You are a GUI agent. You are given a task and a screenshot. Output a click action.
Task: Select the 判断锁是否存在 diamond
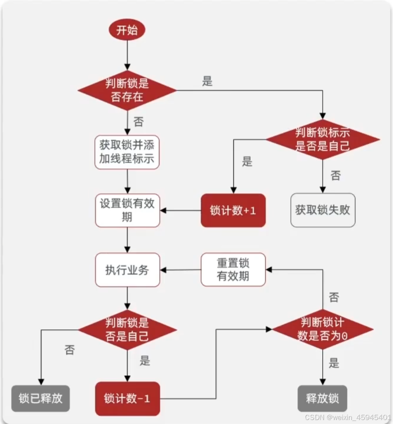(127, 90)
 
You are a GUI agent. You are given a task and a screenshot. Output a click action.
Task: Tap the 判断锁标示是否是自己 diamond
(323, 139)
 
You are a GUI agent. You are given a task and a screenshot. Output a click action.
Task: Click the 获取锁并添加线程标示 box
(127, 152)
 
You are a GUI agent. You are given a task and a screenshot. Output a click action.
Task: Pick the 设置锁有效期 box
(127, 210)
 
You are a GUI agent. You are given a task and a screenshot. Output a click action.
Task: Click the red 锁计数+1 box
(233, 210)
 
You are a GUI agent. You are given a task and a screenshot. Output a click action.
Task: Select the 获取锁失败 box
(323, 210)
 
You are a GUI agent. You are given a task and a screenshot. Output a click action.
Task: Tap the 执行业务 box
(127, 270)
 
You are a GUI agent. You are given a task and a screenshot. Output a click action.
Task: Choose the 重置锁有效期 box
(233, 269)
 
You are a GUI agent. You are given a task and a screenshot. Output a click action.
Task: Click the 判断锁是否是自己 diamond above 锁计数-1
(127, 330)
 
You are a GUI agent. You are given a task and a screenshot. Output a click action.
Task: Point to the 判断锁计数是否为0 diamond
(323, 329)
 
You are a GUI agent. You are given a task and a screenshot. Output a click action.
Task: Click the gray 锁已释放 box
(41, 398)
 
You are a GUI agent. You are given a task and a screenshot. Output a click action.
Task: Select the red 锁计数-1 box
(127, 398)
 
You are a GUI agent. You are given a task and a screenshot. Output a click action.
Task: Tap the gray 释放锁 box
(323, 398)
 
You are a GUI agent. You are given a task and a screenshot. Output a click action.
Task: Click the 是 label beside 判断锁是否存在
(207, 82)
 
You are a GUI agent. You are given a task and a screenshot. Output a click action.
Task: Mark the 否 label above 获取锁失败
(335, 175)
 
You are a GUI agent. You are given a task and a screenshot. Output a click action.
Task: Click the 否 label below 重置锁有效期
(334, 297)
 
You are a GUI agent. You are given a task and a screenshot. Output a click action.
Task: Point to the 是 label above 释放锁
(334, 364)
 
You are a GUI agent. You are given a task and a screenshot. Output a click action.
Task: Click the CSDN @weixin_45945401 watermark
(347, 417)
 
